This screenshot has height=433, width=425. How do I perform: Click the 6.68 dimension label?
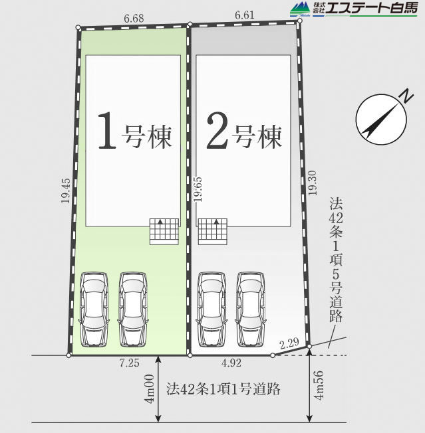[x=134, y=19]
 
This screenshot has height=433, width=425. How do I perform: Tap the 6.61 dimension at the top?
[x=245, y=15]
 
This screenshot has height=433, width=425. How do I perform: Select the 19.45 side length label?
[x=66, y=191]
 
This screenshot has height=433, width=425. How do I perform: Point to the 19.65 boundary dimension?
[x=198, y=189]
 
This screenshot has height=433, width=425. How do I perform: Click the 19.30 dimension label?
[x=313, y=183]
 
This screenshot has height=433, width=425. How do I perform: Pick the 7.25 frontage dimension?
[x=130, y=363]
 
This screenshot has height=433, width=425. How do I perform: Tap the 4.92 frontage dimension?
[x=231, y=363]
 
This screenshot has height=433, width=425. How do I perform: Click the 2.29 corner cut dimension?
[x=289, y=343]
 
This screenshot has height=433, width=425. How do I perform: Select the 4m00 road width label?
[x=150, y=389]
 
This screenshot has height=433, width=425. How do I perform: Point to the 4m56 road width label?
[x=319, y=385]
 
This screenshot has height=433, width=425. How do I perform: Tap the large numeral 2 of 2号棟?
[x=217, y=131]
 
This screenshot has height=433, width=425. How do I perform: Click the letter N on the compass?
[x=406, y=96]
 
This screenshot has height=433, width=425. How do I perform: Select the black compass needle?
[x=381, y=121]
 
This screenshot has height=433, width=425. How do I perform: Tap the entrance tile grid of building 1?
[x=164, y=231]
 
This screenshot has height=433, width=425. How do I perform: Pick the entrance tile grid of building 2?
[x=213, y=231]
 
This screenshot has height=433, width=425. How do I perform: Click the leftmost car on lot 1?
[x=94, y=309]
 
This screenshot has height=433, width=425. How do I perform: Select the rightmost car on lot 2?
[x=251, y=309]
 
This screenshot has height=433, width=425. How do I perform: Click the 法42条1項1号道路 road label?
[x=223, y=389]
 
